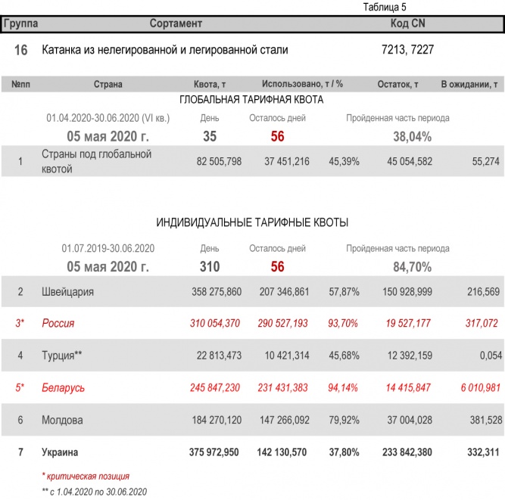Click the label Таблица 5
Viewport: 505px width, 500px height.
point(385,8)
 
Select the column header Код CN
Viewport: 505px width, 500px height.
point(407,23)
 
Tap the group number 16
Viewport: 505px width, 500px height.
point(21,50)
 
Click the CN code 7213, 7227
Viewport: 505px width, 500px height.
point(408,50)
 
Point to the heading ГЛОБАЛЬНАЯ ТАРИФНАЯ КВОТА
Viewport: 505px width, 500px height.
point(251,100)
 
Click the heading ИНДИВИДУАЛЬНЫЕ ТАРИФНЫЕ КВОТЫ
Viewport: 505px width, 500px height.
point(252,222)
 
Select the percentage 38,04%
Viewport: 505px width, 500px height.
point(412,137)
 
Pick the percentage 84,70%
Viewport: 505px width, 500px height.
point(412,266)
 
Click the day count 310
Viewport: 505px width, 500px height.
point(210,266)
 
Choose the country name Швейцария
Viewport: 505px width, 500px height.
point(67,291)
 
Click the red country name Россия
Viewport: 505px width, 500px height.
point(58,323)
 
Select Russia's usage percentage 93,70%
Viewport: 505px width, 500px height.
point(343,323)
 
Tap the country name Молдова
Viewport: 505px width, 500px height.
point(63,420)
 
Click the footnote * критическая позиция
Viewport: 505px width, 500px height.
point(86,477)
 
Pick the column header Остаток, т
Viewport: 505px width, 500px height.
point(397,85)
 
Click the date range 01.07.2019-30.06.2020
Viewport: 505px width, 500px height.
point(108,248)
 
